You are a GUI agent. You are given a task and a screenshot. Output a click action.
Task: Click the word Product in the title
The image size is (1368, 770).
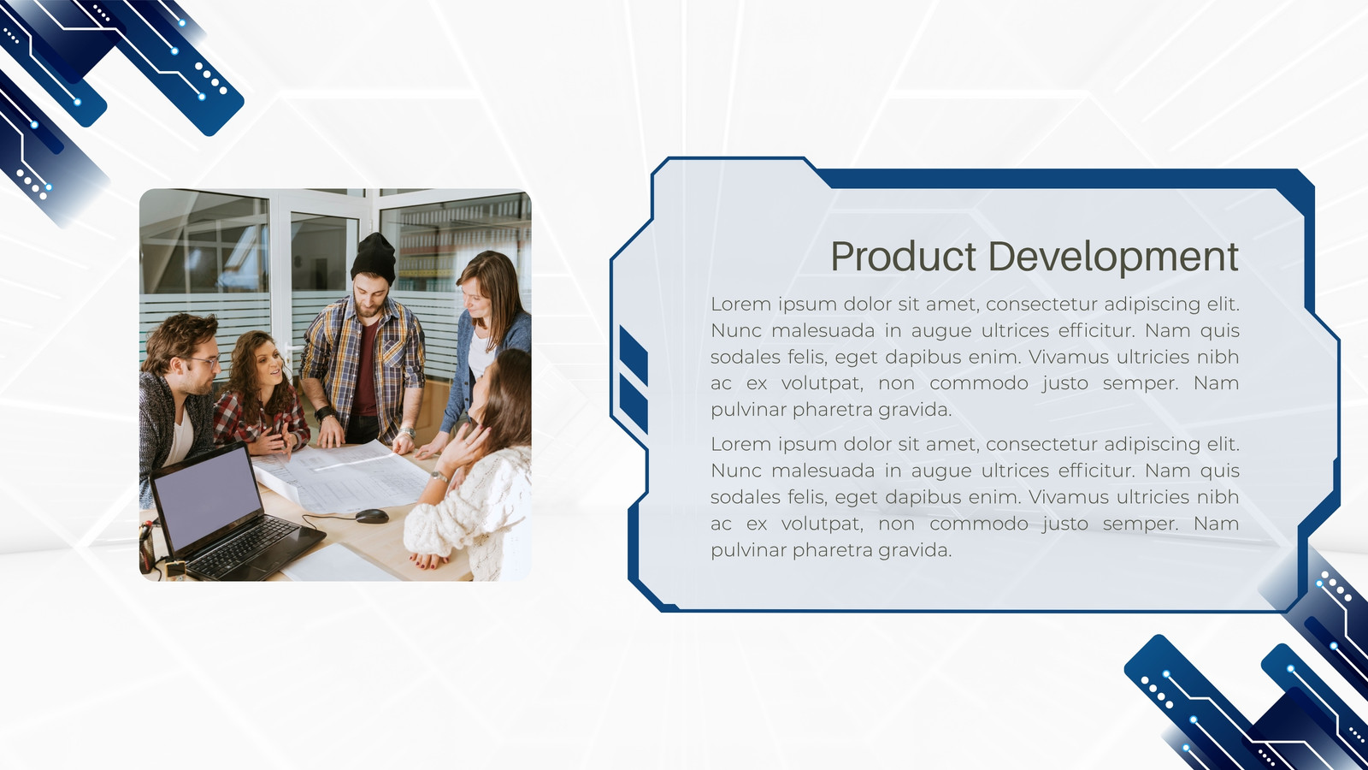tap(903, 256)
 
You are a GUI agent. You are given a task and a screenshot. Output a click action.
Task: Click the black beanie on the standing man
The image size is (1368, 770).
tap(374, 258)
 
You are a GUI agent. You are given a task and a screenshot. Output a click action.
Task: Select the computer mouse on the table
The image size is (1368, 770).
tap(372, 516)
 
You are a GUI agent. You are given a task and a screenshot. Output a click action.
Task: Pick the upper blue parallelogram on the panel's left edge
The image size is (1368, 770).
tap(634, 355)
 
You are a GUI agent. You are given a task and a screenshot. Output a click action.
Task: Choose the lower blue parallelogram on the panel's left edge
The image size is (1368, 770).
tap(634, 403)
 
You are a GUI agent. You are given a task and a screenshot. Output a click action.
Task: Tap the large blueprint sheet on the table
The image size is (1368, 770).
tap(347, 476)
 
